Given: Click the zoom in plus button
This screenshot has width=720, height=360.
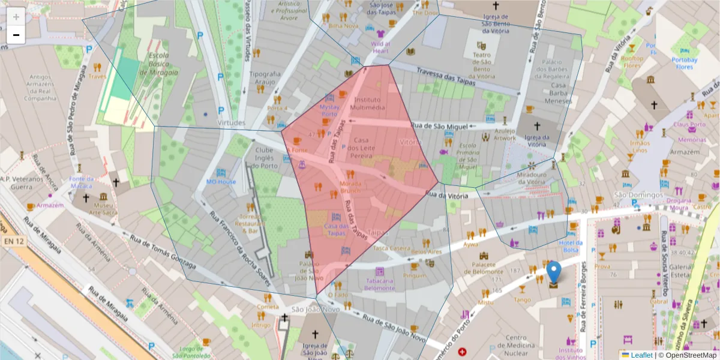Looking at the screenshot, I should [16, 17].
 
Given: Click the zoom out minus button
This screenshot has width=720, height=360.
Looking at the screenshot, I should [16, 35].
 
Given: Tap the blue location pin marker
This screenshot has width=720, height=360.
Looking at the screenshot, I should [554, 272].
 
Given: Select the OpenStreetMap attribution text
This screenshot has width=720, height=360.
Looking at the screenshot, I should [687, 355].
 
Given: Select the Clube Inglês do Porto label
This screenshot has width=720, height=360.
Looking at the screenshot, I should [268, 158].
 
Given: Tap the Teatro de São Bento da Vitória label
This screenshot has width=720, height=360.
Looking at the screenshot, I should [481, 65].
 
